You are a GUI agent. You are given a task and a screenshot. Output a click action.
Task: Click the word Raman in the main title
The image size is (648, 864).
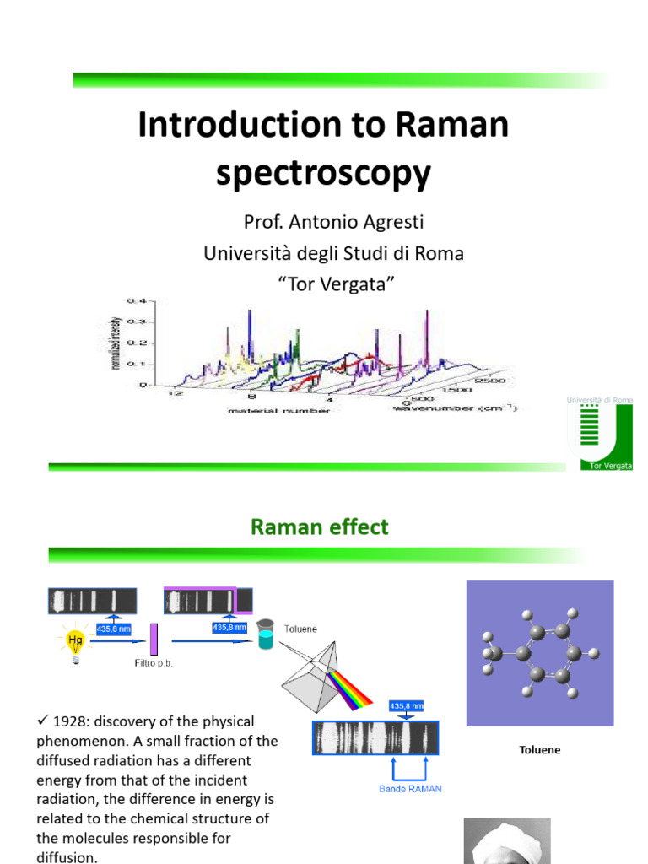[450, 125]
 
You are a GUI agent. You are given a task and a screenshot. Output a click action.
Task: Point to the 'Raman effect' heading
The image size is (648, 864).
[319, 527]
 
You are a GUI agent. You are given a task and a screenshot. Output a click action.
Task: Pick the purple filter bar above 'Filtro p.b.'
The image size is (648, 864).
[154, 639]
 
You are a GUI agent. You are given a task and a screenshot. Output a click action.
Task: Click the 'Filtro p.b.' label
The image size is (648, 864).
[154, 663]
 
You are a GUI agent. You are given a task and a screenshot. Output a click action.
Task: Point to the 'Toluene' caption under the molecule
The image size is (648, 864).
[539, 749]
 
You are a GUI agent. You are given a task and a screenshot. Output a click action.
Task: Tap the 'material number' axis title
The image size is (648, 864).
[278, 410]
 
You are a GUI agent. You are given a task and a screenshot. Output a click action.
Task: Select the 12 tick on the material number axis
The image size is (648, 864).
[176, 394]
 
